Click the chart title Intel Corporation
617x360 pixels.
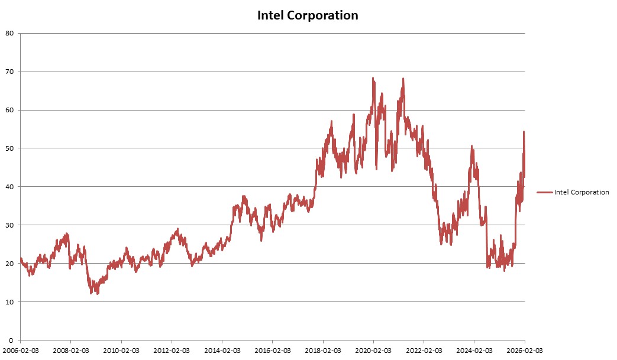click(308, 15)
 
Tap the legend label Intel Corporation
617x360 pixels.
click(582, 192)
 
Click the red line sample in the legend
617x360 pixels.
click(545, 192)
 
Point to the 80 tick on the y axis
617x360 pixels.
click(10, 33)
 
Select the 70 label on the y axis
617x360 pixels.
click(10, 72)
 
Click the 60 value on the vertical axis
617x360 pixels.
click(10, 110)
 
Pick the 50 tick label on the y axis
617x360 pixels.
click(10, 148)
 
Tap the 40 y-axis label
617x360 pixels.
click(10, 187)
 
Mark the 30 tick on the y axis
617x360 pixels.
click(10, 225)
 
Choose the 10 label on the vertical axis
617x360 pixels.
click(10, 302)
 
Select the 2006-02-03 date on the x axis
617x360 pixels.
click(21, 351)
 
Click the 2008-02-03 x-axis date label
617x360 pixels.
click(71, 351)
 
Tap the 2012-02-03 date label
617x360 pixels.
click(172, 351)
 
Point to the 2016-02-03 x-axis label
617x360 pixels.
click(272, 351)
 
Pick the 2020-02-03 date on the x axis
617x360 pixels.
click(373, 351)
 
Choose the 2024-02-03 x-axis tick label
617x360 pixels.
click(474, 351)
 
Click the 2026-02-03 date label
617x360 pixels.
click(524, 351)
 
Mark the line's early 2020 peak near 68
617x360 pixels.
click(373, 78)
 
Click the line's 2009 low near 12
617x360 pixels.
click(91, 293)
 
